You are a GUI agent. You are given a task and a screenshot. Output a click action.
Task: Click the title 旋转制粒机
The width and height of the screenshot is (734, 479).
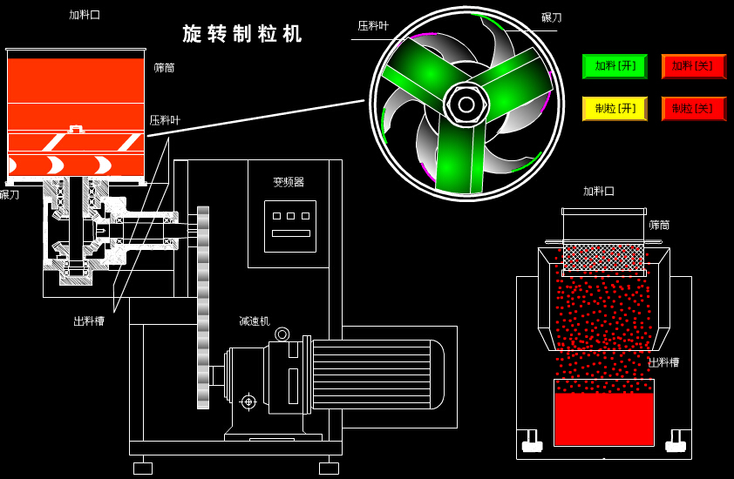[242, 34]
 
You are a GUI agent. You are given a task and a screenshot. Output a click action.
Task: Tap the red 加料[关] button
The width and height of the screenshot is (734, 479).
[693, 66]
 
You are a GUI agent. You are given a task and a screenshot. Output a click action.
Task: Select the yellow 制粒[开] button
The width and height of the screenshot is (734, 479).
[615, 109]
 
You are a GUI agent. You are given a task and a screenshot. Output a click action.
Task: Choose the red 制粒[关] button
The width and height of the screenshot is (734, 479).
[693, 109]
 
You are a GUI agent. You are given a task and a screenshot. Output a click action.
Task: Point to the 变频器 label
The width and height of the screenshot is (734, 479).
[289, 182]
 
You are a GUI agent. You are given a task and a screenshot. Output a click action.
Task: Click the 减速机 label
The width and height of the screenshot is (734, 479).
[255, 321]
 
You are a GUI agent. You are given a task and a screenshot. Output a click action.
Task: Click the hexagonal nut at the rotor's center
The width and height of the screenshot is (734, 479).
[466, 105]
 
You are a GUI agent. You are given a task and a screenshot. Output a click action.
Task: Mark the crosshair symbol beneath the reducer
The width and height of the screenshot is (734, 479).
[248, 401]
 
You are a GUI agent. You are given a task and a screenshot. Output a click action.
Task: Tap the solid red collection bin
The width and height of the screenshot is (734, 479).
[603, 419]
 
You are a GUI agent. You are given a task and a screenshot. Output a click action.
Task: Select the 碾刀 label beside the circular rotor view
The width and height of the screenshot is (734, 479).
[551, 17]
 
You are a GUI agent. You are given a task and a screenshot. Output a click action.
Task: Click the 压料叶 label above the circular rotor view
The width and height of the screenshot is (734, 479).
[373, 26]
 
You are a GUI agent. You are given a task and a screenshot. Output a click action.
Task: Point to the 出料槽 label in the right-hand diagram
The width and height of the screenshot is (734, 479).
[663, 362]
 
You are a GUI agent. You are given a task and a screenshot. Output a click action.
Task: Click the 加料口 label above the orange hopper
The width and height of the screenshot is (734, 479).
[85, 15]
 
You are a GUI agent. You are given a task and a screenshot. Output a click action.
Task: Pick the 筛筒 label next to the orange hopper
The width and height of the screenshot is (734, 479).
[164, 68]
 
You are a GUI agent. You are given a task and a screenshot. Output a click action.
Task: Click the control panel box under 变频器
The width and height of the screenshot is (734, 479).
[290, 226]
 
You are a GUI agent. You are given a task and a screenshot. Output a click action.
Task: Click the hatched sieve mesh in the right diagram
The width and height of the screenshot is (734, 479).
[603, 257]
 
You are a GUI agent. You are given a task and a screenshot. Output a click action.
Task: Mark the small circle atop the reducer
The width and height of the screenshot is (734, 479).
[282, 334]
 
